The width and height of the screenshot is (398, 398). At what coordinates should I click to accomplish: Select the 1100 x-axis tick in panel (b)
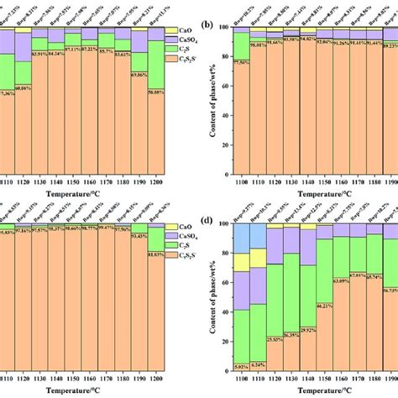242,181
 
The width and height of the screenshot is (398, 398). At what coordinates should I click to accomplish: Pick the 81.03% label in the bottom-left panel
157,254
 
